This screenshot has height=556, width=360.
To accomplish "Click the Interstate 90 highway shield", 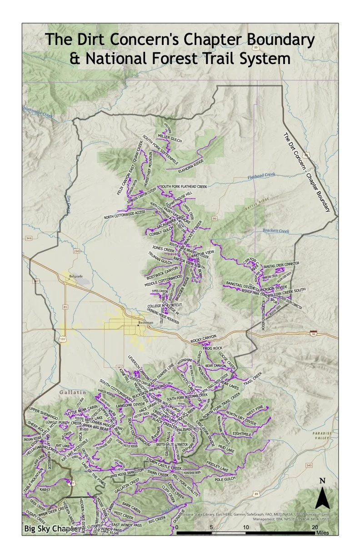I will pos(313,333).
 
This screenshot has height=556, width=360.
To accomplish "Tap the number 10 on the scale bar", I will pos(246,527).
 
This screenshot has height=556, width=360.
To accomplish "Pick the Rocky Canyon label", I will pos(203,338).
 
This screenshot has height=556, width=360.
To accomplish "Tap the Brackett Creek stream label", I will pos(275,231).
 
